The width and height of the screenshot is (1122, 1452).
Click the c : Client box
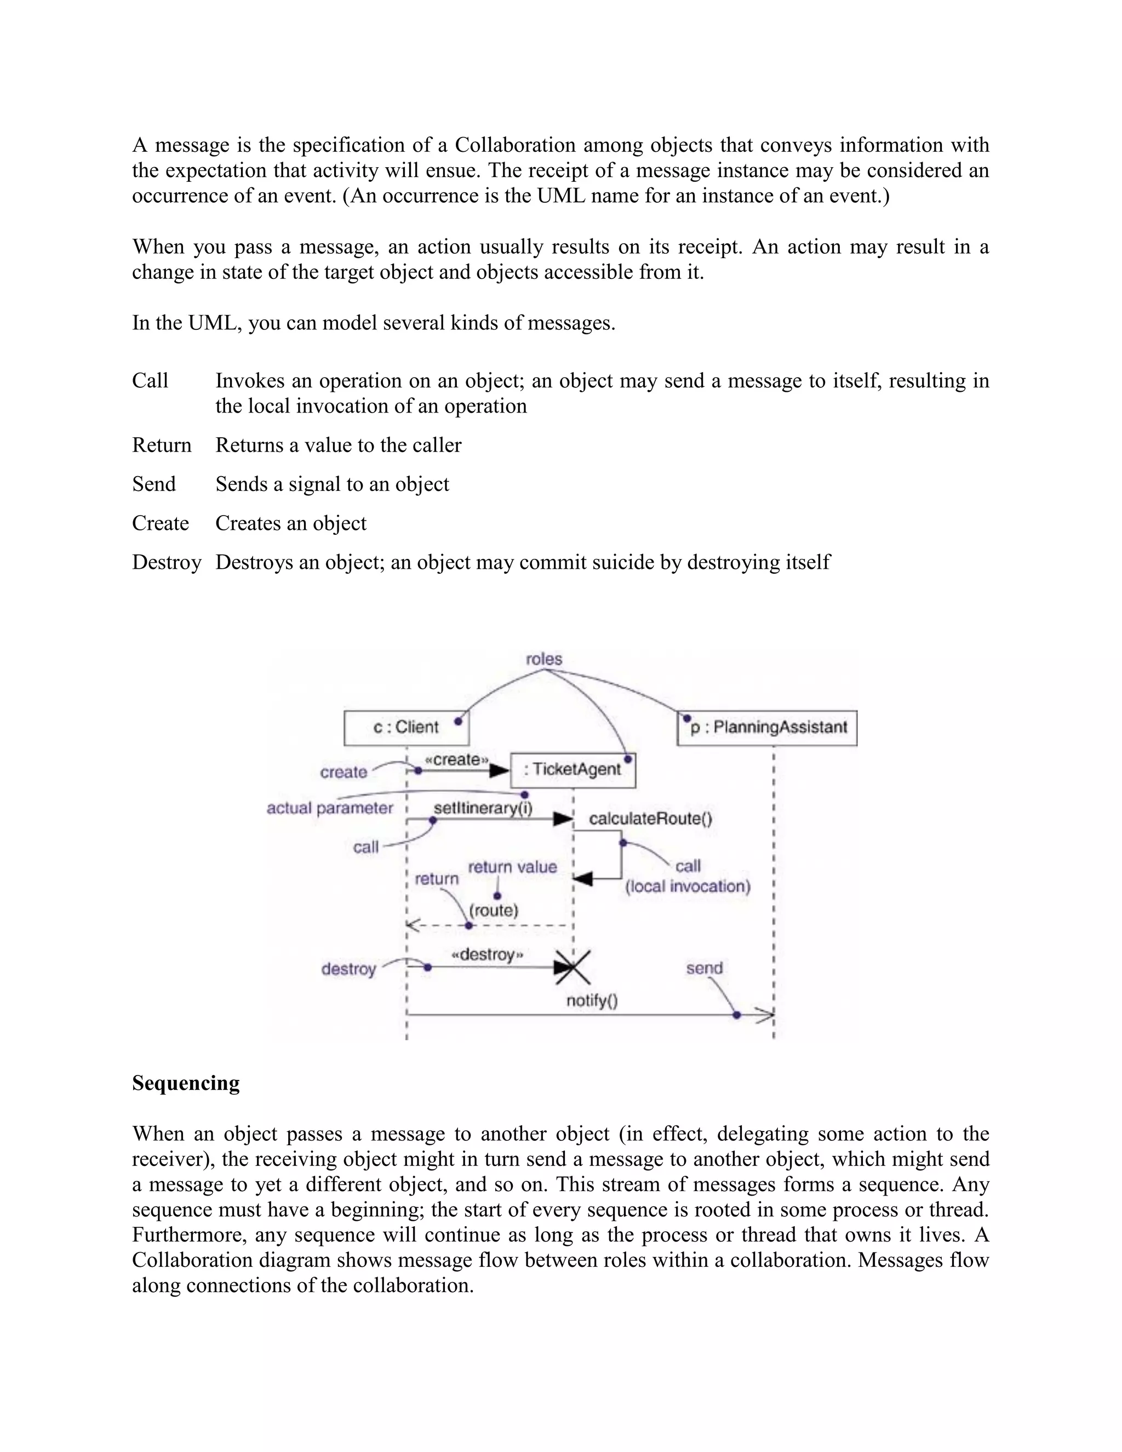pos(406,727)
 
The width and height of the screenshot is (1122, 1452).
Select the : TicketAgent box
pos(573,769)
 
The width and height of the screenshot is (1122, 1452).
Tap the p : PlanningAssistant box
pos(767,727)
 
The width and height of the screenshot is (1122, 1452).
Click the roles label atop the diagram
pos(543,659)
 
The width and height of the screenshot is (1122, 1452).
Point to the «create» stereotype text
pos(457,759)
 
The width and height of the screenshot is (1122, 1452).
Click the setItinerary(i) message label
pos(483,808)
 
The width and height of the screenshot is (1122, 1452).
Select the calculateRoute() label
pos(650,819)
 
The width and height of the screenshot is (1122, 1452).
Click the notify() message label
pos(592,1001)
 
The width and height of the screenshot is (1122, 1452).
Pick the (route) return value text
pos(493,910)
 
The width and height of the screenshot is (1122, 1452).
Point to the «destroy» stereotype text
pos(487,954)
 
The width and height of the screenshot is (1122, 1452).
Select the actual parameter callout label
pos(330,808)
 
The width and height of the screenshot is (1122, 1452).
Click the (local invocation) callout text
pos(688,886)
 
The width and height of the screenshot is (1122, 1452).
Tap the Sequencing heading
pos(186,1083)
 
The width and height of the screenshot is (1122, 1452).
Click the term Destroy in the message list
pos(166,563)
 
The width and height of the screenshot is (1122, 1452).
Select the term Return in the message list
pos(162,445)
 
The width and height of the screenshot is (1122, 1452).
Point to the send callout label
pos(704,968)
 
